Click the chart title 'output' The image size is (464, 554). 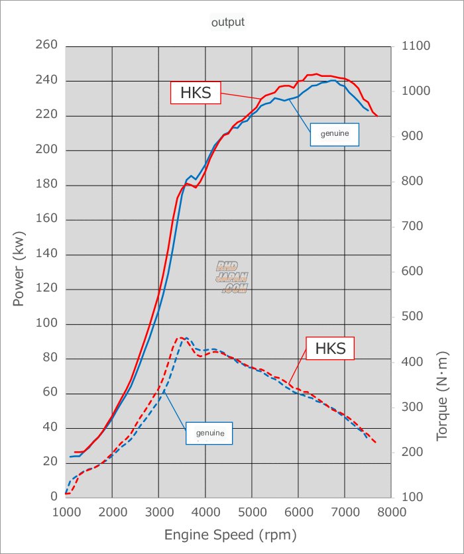click(228, 22)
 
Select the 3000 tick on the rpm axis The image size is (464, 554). click(158, 511)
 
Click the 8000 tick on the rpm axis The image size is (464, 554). click(392, 511)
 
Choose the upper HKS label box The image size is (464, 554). click(196, 93)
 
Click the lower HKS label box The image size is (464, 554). click(330, 348)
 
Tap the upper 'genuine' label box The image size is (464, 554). click(335, 134)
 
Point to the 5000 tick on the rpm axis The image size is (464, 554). click(252, 511)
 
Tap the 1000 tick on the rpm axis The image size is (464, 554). click(66, 511)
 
